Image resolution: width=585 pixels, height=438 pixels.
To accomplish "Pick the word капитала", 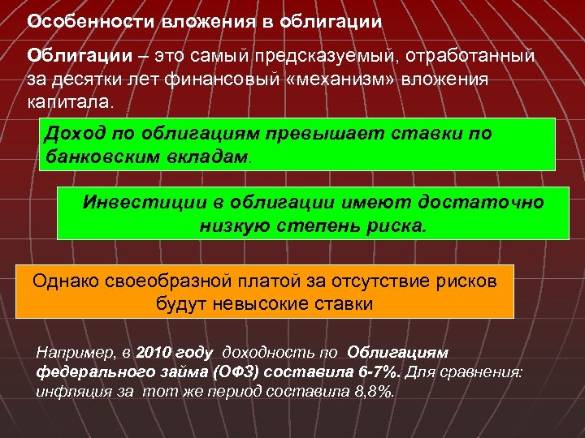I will (71, 105).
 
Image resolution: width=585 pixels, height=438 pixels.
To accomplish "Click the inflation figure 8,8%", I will (374, 392).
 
